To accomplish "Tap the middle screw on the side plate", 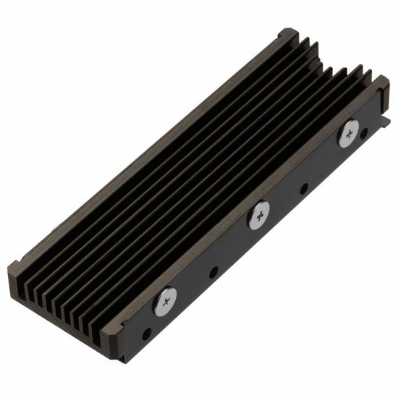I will (x=258, y=214).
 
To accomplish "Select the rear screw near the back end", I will (x=348, y=133).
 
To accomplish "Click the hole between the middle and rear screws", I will (x=304, y=188).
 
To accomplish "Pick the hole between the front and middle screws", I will (x=213, y=274).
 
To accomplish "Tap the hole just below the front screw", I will (x=147, y=334).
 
